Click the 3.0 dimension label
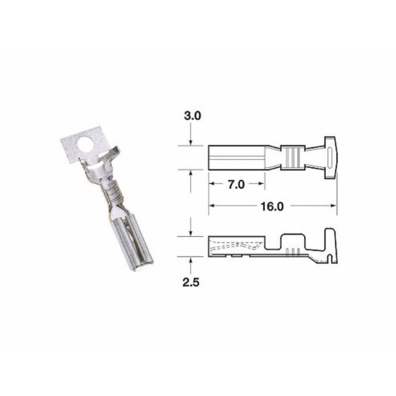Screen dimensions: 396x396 192,116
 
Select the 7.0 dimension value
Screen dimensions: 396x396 234,185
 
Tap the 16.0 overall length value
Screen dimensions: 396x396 272,206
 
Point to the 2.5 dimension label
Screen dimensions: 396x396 192,283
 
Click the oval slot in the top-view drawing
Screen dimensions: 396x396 330,157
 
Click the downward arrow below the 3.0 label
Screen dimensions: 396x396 190,142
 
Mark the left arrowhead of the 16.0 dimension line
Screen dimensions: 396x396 213,206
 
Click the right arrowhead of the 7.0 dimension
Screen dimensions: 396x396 261,185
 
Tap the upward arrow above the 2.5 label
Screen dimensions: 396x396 190,260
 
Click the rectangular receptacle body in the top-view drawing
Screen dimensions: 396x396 237,157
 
